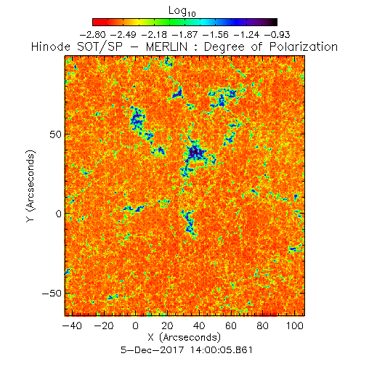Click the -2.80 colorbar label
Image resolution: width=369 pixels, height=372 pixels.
click(x=92, y=35)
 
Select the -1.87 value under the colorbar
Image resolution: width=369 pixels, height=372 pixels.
click(x=184, y=35)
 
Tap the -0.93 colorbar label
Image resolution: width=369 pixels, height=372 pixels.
click(x=277, y=35)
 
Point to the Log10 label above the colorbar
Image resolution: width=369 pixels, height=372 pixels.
click(x=182, y=11)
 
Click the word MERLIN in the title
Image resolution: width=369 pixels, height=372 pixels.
click(x=166, y=46)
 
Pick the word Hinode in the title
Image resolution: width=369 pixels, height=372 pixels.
click(x=51, y=46)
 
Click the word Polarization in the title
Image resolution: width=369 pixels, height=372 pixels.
click(x=304, y=46)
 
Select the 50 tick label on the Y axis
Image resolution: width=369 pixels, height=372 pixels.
click(x=55, y=134)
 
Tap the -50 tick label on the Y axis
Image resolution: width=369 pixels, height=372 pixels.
click(x=52, y=294)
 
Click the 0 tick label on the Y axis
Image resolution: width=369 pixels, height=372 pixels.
click(x=59, y=214)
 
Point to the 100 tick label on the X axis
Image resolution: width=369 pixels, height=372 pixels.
click(x=295, y=325)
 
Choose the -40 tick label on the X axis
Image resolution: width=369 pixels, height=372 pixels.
click(x=72, y=325)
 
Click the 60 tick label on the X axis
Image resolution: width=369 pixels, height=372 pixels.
click(x=231, y=325)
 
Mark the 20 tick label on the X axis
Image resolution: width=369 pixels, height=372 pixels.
click(x=167, y=325)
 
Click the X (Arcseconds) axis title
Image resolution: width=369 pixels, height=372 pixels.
click(x=184, y=337)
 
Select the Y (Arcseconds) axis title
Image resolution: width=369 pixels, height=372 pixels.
click(x=31, y=186)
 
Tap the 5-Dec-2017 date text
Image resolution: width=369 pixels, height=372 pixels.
click(x=153, y=350)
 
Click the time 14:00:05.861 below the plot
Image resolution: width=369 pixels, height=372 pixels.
click(x=222, y=350)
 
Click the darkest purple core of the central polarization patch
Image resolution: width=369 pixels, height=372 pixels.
click(x=194, y=152)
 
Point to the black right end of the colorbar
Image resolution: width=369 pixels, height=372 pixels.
click(x=274, y=22)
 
